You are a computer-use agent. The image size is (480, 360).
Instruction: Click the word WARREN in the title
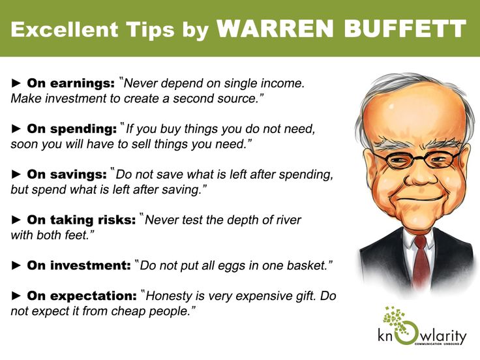click(272, 28)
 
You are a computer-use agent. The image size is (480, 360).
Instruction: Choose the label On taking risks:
click(81, 220)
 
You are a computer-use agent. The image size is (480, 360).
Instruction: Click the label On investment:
click(78, 265)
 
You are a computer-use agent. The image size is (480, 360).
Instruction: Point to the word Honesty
click(170, 295)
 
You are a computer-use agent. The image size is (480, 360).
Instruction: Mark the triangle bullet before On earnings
click(17, 83)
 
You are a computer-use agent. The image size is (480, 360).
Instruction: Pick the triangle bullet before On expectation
click(17, 295)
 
